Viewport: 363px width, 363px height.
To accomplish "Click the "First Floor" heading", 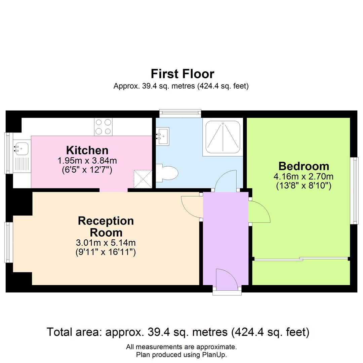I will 182,74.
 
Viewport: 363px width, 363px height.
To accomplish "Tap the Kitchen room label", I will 87,150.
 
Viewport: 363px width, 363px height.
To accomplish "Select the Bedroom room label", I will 304,166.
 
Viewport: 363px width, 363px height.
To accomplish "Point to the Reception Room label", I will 106,227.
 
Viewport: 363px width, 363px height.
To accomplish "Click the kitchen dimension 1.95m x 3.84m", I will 87,160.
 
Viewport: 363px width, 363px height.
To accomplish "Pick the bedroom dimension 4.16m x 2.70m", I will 304,176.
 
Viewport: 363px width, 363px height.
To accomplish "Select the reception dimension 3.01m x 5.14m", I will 106,242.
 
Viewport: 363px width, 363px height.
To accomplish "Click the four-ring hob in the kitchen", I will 103,127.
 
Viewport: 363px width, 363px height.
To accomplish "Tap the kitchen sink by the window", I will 22,148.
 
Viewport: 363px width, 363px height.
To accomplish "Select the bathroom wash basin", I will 163,136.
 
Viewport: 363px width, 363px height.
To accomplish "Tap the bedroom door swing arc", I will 259,212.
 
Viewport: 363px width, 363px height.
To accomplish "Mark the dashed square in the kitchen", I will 143,179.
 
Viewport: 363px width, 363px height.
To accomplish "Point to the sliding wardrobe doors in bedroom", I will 301,259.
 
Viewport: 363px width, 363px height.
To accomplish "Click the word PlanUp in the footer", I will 215,355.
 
